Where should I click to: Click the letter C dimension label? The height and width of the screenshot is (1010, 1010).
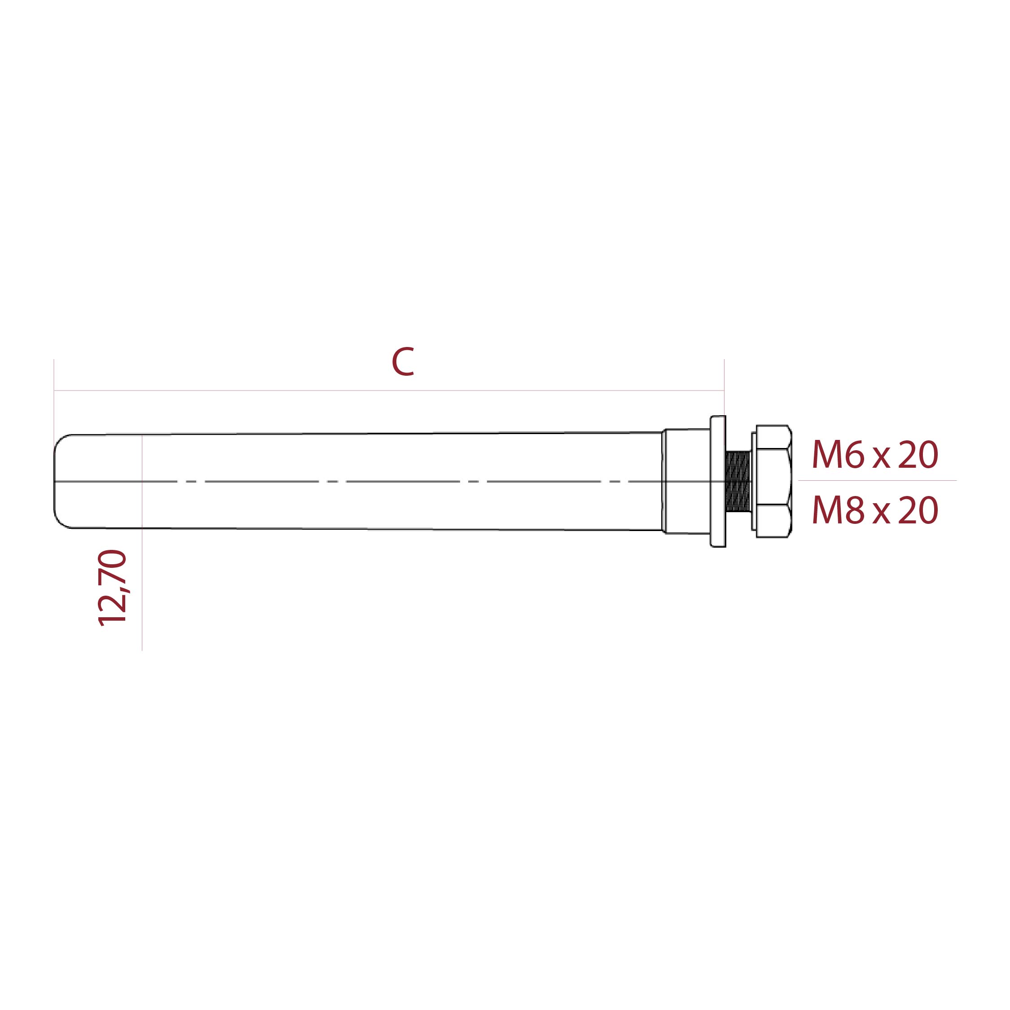403,362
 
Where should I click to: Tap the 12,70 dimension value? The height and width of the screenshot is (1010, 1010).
112,588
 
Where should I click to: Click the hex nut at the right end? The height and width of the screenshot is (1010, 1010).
774,481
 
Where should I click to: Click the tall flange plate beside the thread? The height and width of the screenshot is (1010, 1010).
718,481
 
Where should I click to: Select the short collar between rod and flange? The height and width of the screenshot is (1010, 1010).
686,481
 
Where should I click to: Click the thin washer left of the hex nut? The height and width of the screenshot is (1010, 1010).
754,481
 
